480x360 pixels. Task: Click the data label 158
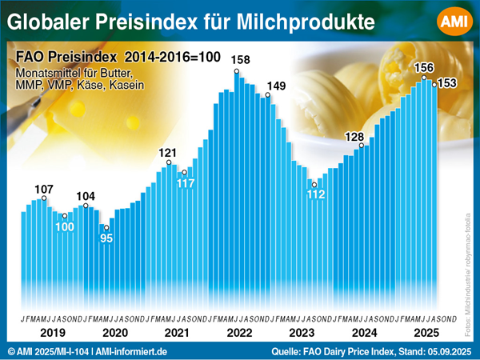[x=239, y=60]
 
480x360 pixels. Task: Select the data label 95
[x=106, y=238]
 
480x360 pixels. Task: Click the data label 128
[x=354, y=137]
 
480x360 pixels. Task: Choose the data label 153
[x=446, y=83]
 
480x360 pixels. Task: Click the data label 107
[x=44, y=190]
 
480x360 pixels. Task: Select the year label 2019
[x=50, y=331]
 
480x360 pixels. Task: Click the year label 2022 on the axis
[x=239, y=331]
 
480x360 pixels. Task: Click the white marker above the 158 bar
[x=237, y=72]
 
